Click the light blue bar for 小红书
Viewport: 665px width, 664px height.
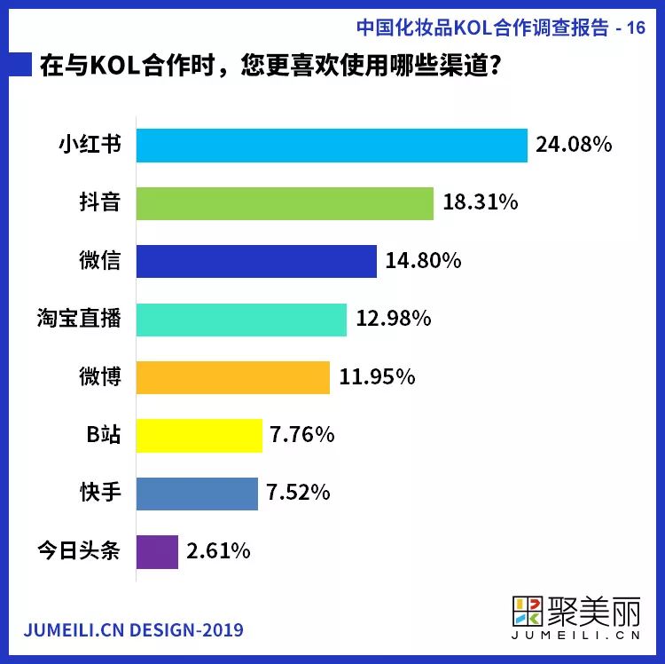coord(332,146)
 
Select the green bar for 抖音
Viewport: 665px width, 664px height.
coord(285,203)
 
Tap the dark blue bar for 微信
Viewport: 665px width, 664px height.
coord(256,262)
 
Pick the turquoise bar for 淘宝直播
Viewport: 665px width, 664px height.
coord(241,320)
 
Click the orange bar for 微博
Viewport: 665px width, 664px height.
coord(233,377)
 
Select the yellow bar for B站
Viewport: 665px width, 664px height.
coord(199,435)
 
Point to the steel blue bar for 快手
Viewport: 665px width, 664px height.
coord(197,494)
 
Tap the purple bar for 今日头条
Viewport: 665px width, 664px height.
coord(157,551)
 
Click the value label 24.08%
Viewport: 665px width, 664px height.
coord(574,146)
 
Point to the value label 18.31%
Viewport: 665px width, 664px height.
coord(480,203)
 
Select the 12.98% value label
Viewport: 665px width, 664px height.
coord(393,319)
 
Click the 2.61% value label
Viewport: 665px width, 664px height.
coord(218,551)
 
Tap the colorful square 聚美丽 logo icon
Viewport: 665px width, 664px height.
coord(530,613)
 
